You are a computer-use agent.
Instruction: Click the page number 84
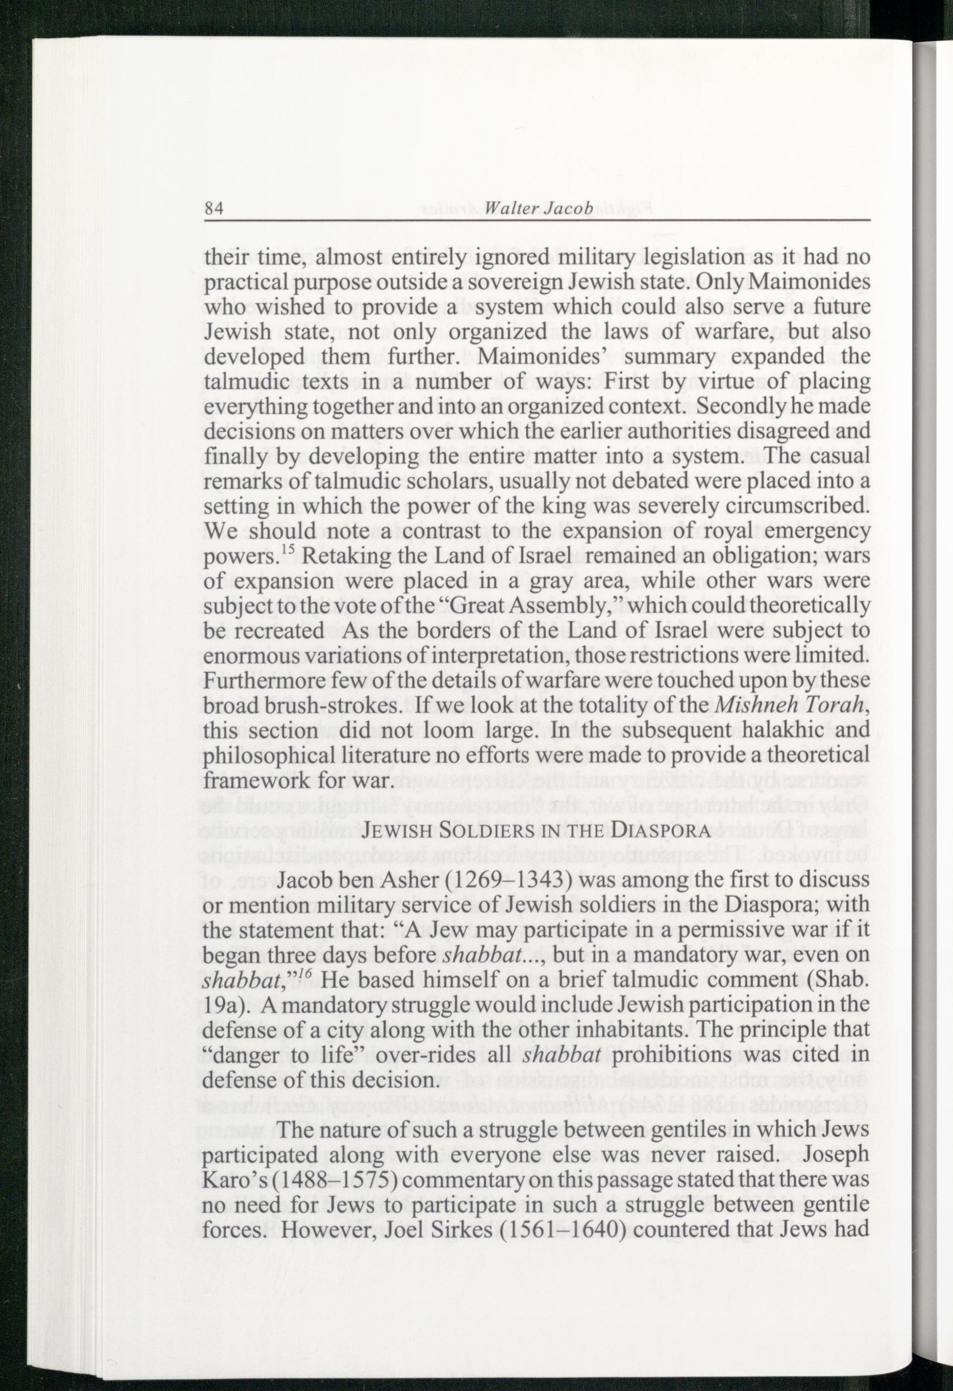pyautogui.click(x=213, y=209)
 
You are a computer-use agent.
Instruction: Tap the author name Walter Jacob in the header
pyautogui.click(x=538, y=208)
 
